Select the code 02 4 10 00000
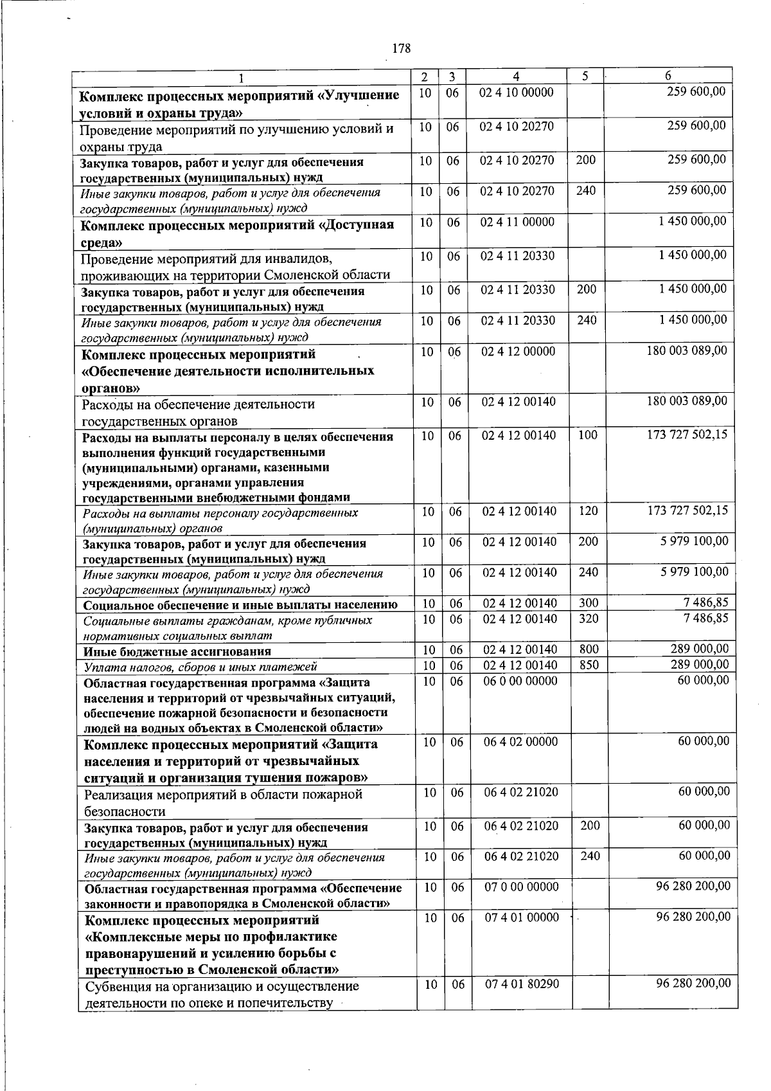tap(517, 92)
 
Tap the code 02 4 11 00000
tap(517, 222)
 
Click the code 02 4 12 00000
tap(518, 352)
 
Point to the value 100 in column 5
tap(587, 435)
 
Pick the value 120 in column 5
tap(587, 511)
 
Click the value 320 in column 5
tap(588, 618)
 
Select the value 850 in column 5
tap(589, 665)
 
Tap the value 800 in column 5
tap(589, 649)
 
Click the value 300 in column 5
tap(588, 603)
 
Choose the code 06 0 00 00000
tap(520, 681)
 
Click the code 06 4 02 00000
tap(520, 742)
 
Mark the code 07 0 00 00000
tap(521, 887)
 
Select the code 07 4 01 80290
tap(522, 984)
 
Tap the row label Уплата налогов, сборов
tap(200, 667)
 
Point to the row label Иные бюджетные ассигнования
tap(177, 651)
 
